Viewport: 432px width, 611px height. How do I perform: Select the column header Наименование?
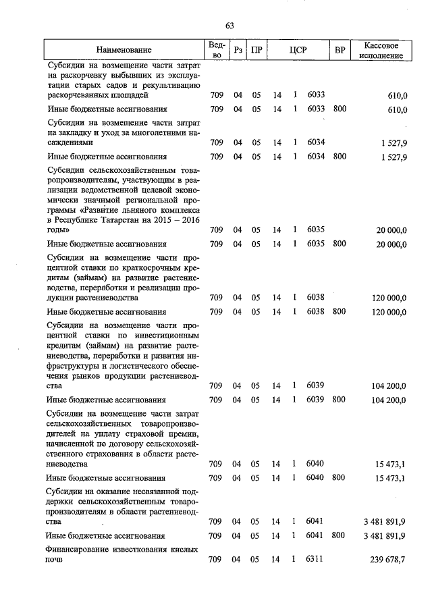coord(124,50)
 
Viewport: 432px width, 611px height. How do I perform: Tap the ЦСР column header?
coord(298,50)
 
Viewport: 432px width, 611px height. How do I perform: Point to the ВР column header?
coord(340,50)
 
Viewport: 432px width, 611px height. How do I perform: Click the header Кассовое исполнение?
coord(383,50)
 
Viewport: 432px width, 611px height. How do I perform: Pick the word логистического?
coord(128,365)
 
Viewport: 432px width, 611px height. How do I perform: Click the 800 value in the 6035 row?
coord(340,244)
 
